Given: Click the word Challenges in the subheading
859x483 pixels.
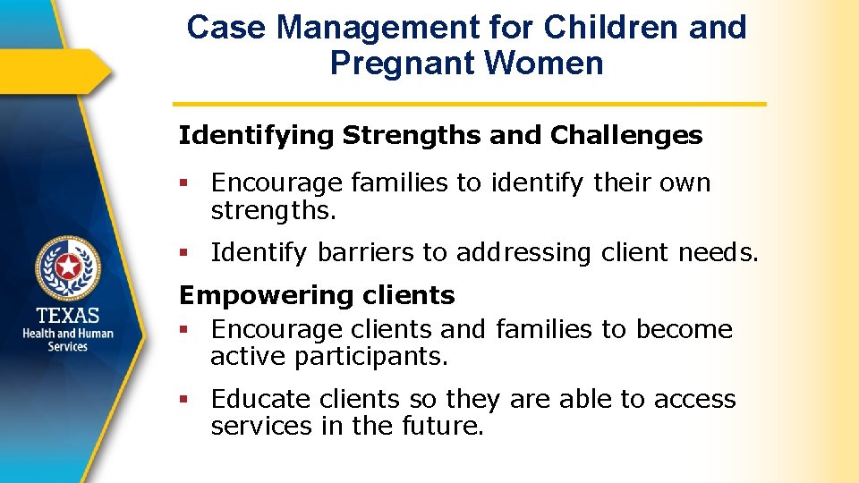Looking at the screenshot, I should pyautogui.click(x=626, y=136).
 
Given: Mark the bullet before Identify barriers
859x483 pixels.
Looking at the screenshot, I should pyautogui.click(x=183, y=254).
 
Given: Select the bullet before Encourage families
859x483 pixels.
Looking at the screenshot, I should pyautogui.click(x=183, y=183).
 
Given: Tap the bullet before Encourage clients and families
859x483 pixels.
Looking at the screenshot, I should pyautogui.click(x=183, y=330).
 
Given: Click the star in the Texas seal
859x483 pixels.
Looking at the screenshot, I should pyautogui.click(x=68, y=266).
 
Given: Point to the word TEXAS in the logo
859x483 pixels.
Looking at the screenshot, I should pyautogui.click(x=68, y=316).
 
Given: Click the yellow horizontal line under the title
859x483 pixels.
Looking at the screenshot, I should pyautogui.click(x=470, y=104).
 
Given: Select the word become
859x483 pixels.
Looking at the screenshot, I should pyautogui.click(x=684, y=329).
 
